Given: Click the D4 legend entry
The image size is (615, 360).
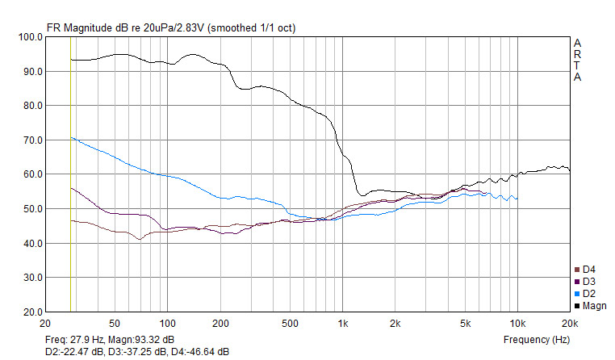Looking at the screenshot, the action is click(585, 270).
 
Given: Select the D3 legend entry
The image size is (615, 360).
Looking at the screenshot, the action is click(585, 282).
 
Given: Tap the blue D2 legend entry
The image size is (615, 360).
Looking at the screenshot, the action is click(585, 294).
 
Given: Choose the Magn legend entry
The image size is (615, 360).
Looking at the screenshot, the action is click(590, 306).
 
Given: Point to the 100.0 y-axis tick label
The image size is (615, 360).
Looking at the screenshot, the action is click(31, 37).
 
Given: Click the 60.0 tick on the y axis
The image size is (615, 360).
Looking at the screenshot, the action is click(33, 174).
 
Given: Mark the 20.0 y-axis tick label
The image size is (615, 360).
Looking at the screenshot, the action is click(33, 312).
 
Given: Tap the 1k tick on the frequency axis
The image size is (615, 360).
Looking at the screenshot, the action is click(343, 324).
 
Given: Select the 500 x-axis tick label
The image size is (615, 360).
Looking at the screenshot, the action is click(290, 324).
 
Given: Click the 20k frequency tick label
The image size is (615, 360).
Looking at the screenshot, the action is click(570, 324).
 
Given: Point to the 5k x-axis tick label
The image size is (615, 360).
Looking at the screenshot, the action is click(465, 324).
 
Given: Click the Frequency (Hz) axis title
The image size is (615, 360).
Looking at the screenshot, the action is click(537, 340).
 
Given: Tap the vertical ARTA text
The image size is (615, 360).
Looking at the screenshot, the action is click(577, 60).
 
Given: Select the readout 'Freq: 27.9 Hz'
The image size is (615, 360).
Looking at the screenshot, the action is click(74, 340).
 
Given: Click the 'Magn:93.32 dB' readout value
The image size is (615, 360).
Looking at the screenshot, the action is click(141, 340).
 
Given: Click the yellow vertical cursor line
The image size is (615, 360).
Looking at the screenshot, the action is click(70, 174).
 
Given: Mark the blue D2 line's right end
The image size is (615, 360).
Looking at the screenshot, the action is click(517, 199).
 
